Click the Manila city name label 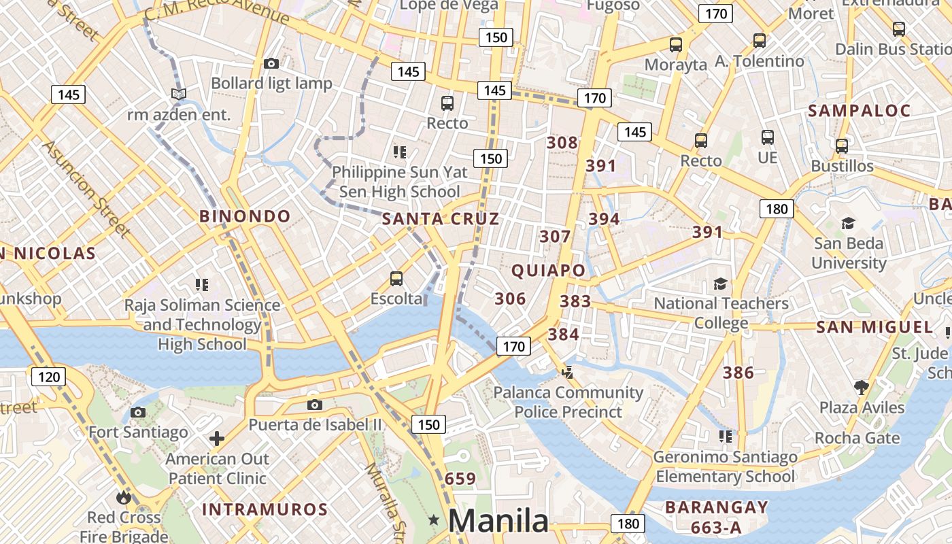(498, 521)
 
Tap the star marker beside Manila (434, 520)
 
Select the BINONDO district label (245, 216)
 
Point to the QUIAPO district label (548, 271)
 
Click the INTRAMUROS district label (265, 509)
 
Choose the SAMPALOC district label (859, 111)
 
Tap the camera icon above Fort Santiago (138, 412)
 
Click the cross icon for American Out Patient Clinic (217, 439)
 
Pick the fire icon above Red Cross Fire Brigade (123, 497)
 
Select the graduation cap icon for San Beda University (848, 223)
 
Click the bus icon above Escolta (396, 278)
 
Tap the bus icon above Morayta (675, 45)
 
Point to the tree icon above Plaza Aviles (862, 388)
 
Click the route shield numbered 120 (49, 377)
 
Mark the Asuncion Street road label (86, 189)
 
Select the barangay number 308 (562, 143)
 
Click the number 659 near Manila (460, 479)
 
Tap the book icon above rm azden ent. (179, 94)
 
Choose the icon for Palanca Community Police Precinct (567, 372)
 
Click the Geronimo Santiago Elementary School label (725, 466)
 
